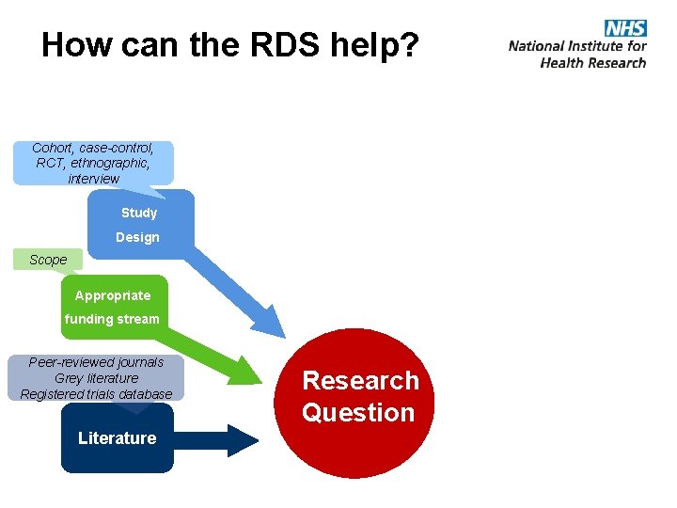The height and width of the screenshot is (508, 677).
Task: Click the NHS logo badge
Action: point(625,27)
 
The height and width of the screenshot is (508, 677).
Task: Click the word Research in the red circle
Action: point(360,380)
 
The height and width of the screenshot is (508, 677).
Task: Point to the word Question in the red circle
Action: point(358,412)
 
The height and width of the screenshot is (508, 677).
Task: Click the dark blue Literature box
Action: point(118,438)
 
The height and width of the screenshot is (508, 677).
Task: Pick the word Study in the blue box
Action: point(139,213)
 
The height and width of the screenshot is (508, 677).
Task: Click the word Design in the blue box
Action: point(137,237)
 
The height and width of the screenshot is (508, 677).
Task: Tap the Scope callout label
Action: point(48,260)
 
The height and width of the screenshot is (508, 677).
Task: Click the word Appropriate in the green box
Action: point(113,295)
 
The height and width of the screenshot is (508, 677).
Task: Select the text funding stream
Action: point(112,319)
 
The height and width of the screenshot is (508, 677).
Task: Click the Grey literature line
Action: point(96,378)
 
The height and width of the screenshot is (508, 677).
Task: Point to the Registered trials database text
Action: point(96,394)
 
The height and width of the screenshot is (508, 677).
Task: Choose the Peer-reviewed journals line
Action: point(96,362)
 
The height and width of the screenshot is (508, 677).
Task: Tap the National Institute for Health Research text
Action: point(577,54)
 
